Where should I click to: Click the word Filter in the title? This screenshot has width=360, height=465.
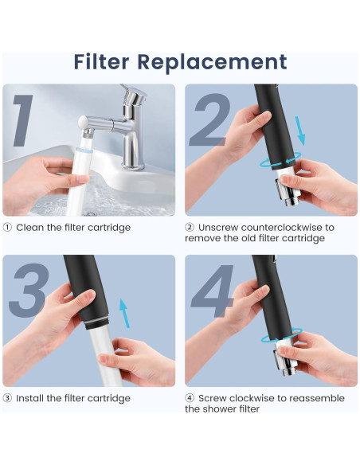point(101,61)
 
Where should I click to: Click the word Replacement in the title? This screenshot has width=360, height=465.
point(213,63)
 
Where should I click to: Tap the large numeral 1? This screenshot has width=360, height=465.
point(22,120)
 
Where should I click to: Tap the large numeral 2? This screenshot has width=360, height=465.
point(209,119)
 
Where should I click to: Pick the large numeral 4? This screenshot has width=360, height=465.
point(212,291)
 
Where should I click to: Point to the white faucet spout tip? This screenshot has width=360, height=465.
point(83,122)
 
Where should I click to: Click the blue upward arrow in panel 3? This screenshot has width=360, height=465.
point(124,313)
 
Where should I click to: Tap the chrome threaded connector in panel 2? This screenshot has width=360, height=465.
point(288,193)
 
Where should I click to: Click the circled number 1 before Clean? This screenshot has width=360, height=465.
point(7,228)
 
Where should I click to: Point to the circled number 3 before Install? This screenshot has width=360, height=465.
point(7,398)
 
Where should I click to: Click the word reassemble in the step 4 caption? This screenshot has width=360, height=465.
point(317,398)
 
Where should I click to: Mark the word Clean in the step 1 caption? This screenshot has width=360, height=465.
point(29,228)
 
